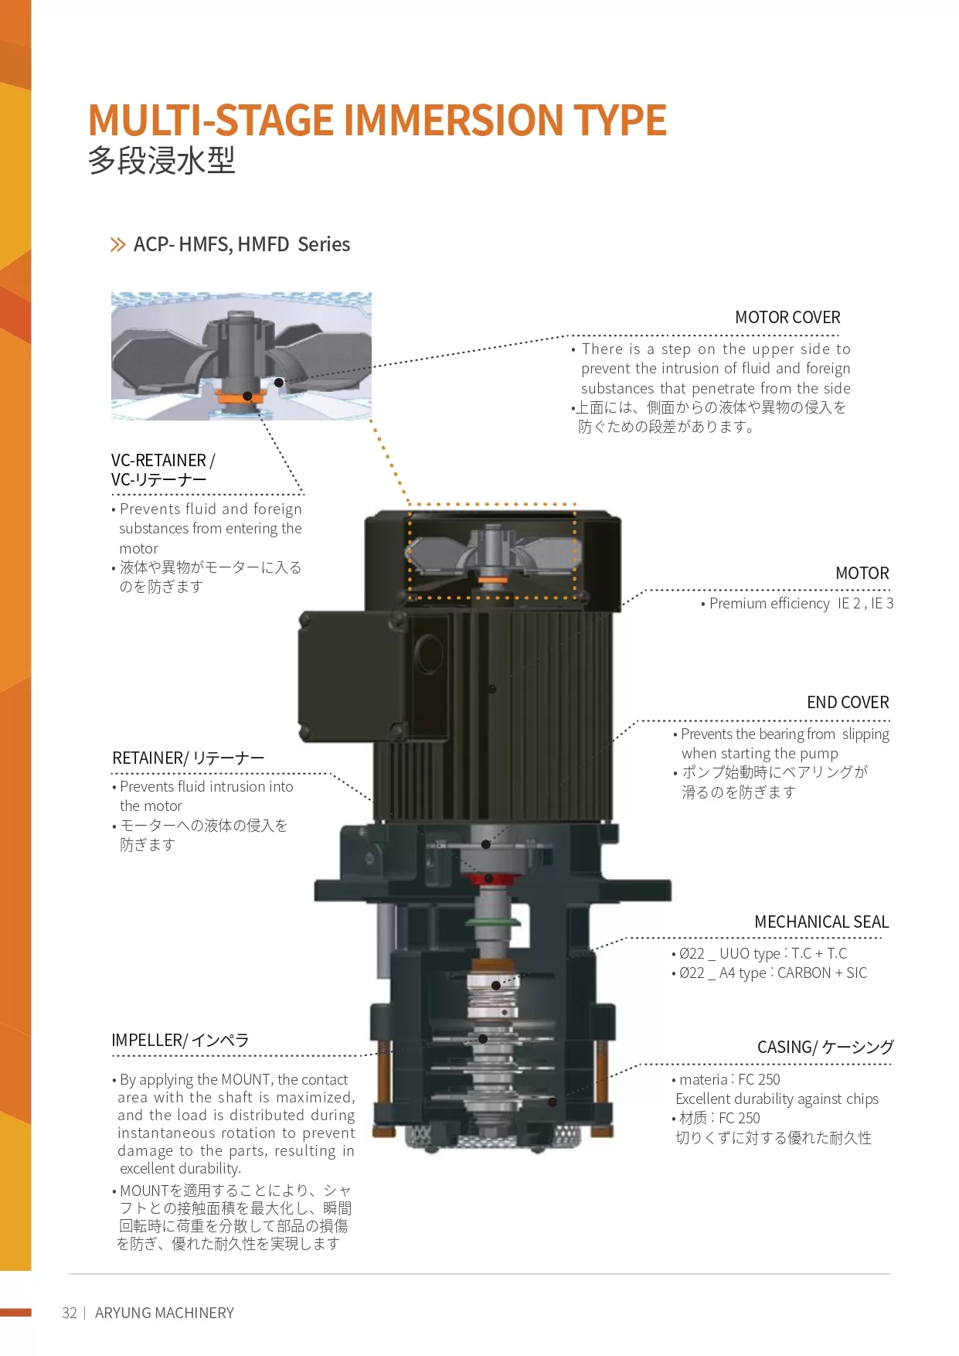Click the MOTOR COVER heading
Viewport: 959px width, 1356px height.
coord(787,317)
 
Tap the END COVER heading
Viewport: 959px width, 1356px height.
coord(848,702)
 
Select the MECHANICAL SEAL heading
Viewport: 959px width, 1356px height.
coord(821,922)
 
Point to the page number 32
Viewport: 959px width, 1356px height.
coord(70,1313)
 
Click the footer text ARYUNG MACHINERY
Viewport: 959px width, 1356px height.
coord(165,1313)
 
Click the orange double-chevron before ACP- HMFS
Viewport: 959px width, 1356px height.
coord(117,245)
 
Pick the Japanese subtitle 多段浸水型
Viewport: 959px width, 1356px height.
coord(162,161)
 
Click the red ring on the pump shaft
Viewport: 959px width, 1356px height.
coord(488,878)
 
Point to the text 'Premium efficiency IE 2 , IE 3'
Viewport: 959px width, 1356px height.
coord(801,603)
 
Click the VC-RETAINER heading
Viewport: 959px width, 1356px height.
coord(163,469)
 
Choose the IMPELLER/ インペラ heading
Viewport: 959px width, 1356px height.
coord(180,1040)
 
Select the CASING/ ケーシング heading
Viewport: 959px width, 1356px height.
coord(825,1047)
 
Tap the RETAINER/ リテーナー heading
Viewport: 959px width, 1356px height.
coord(189,758)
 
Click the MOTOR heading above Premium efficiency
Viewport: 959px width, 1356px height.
coord(862,573)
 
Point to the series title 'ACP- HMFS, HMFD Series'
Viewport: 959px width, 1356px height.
coord(242,244)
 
